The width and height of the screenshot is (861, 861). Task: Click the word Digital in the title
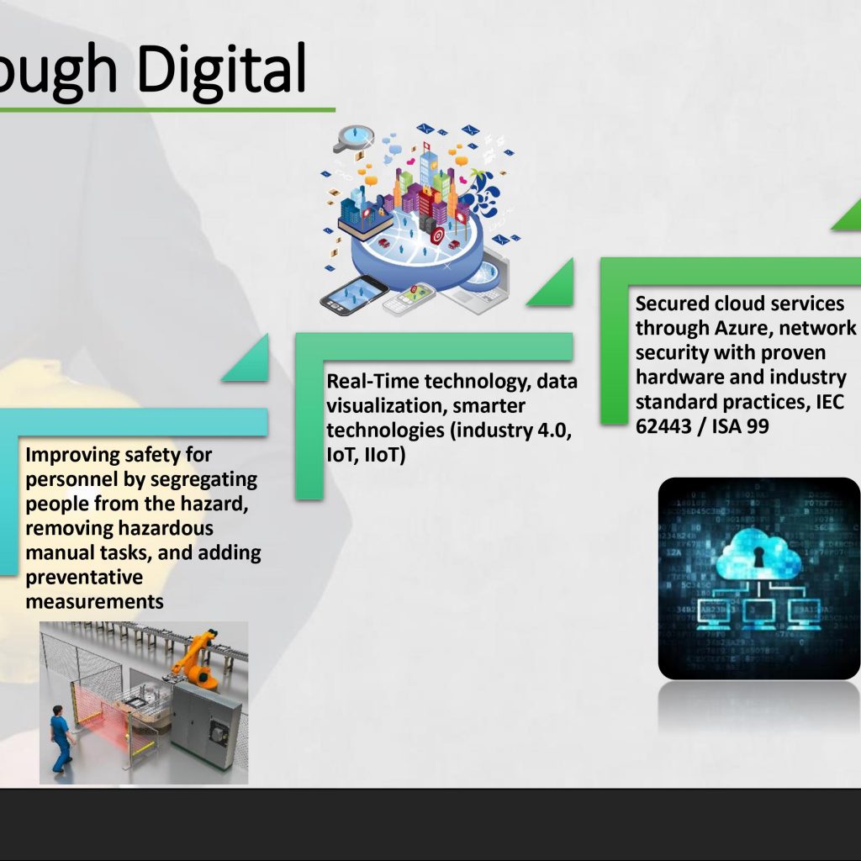(x=221, y=69)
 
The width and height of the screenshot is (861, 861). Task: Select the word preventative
(x=84, y=577)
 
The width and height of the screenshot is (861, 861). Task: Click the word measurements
(x=94, y=602)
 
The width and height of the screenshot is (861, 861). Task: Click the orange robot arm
(x=196, y=659)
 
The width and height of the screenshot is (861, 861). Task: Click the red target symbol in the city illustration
(x=437, y=236)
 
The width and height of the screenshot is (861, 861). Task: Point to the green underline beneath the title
(x=167, y=110)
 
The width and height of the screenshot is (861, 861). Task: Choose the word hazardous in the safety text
(x=165, y=528)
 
